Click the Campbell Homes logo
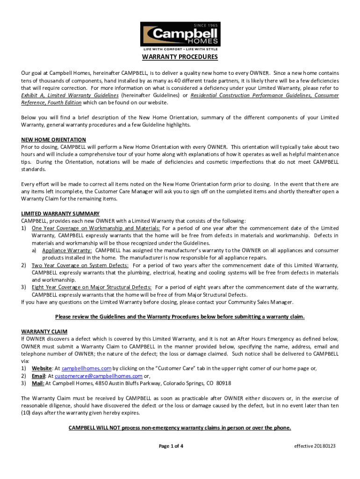point(180,36)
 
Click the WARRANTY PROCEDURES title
point(180,58)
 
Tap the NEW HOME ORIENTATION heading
point(54,139)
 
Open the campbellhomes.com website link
point(86,368)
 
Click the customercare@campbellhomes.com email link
point(99,376)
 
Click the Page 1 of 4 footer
point(171,446)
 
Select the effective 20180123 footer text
point(315,446)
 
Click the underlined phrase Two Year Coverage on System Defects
point(80,265)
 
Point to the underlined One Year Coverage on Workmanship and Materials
point(96,228)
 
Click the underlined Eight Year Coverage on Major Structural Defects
point(91,287)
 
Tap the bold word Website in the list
point(42,368)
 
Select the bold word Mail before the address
point(38,383)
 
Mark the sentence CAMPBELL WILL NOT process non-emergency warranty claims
point(180,428)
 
